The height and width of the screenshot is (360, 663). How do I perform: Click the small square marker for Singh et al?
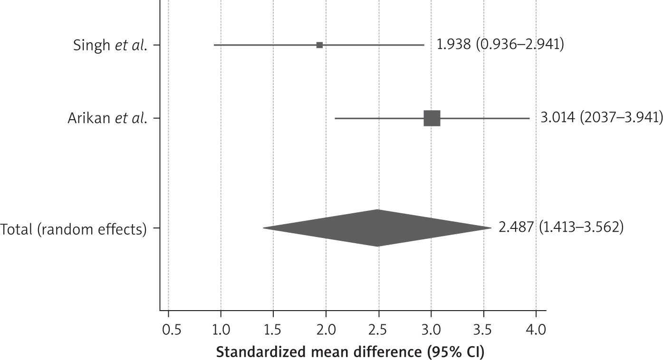point(319,45)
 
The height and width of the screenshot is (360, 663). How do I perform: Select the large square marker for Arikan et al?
point(432,118)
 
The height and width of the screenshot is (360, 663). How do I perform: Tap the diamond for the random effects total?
point(378,228)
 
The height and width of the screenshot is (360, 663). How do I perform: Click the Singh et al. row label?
point(110,45)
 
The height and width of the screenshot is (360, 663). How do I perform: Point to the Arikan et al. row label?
point(106,118)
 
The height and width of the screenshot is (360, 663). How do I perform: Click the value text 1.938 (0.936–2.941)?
point(500,45)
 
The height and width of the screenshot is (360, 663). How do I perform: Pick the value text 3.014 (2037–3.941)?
point(601,118)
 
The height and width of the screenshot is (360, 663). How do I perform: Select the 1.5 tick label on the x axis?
point(273,329)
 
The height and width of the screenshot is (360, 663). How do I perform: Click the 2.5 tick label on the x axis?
point(378,329)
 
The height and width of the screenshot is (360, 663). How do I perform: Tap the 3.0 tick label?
point(431,329)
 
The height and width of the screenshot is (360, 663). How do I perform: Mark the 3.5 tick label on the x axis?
point(483,329)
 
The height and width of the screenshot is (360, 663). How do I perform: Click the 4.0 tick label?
point(536,329)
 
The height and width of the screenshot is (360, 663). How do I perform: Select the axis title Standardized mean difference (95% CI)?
point(350,352)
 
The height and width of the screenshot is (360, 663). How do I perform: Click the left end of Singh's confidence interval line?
point(214,45)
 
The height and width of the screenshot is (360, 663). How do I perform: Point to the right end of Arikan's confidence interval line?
point(529,118)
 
